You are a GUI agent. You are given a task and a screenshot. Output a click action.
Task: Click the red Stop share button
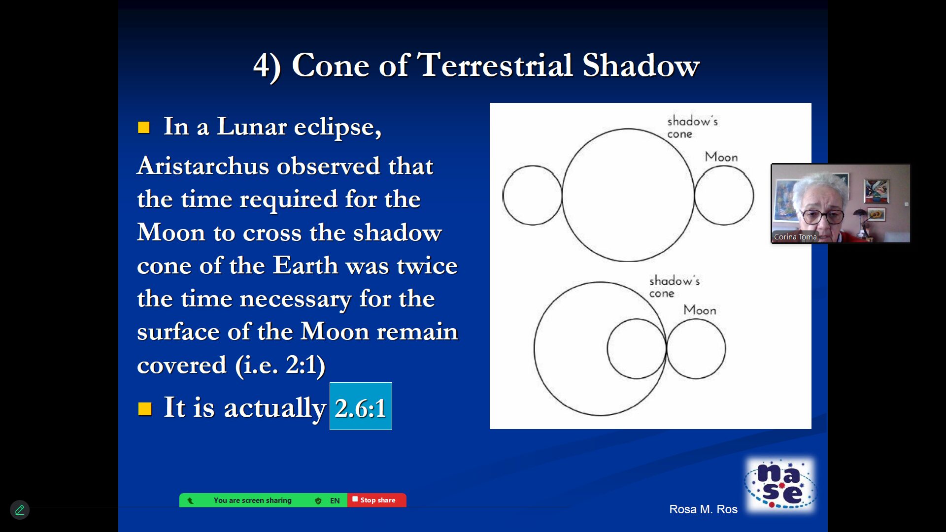pyautogui.click(x=377, y=500)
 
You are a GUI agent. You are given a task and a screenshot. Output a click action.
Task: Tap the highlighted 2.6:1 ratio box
pyautogui.click(x=361, y=406)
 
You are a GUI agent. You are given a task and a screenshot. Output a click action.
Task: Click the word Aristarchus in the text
pyautogui.click(x=203, y=166)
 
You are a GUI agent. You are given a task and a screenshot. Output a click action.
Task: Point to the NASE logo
pyautogui.click(x=780, y=485)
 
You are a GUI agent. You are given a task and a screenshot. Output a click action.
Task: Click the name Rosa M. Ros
pyautogui.click(x=703, y=509)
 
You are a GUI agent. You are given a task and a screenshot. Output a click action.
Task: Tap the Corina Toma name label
pyautogui.click(x=795, y=237)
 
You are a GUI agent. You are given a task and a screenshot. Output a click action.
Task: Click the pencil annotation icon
pyautogui.click(x=20, y=510)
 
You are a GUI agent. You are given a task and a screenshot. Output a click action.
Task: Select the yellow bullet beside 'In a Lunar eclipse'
pyautogui.click(x=144, y=128)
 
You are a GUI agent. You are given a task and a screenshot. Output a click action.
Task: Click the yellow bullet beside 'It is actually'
pyautogui.click(x=145, y=409)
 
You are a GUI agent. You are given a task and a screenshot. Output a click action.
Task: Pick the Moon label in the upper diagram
pyautogui.click(x=721, y=157)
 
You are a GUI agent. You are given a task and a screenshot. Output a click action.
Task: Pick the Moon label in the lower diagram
pyautogui.click(x=700, y=310)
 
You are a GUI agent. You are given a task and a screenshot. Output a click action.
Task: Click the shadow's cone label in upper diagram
pyautogui.click(x=692, y=127)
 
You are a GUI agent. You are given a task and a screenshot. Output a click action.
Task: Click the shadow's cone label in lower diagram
pyautogui.click(x=674, y=287)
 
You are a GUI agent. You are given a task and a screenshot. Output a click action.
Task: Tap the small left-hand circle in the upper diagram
pyautogui.click(x=503, y=196)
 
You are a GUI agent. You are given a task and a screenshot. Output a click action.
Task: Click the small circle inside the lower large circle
pyautogui.click(x=608, y=349)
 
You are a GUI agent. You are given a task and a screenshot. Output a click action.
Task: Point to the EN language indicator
pyautogui.click(x=335, y=500)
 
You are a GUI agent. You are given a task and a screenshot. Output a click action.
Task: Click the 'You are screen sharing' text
pyautogui.click(x=253, y=500)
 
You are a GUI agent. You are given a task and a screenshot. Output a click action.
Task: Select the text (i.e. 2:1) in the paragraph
pyautogui.click(x=280, y=365)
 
